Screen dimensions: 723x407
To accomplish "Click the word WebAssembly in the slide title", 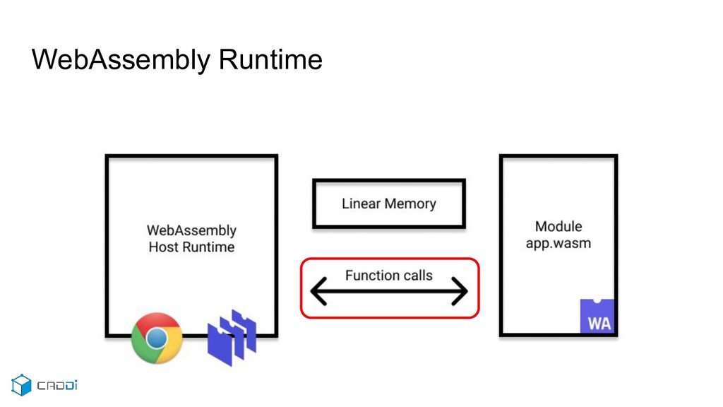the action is (x=121, y=60).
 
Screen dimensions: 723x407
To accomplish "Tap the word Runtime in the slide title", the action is (x=270, y=60).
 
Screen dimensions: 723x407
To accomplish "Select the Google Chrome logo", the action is (x=157, y=338).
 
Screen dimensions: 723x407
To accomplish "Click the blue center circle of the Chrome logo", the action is (x=157, y=338).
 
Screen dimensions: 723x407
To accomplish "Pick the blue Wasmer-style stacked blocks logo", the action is (x=232, y=338).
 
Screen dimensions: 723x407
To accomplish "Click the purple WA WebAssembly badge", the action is (x=597, y=316).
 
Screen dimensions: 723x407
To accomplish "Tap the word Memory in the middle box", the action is (x=410, y=204).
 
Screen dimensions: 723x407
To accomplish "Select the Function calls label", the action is (x=389, y=276).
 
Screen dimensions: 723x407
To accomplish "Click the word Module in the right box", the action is (x=558, y=227).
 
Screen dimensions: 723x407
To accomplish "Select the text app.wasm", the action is (x=558, y=244).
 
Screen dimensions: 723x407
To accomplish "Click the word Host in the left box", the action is (x=163, y=247).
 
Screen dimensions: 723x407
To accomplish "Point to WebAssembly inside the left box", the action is (x=191, y=231).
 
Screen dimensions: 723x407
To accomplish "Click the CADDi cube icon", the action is (x=21, y=385).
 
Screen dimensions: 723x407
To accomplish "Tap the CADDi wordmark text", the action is (x=57, y=385).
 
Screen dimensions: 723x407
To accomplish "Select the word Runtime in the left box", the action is (x=208, y=247).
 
